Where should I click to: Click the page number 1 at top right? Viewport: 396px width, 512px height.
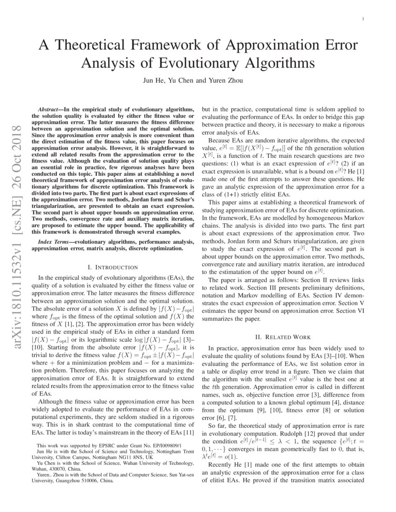362,19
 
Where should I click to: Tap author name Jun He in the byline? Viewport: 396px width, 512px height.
152,80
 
